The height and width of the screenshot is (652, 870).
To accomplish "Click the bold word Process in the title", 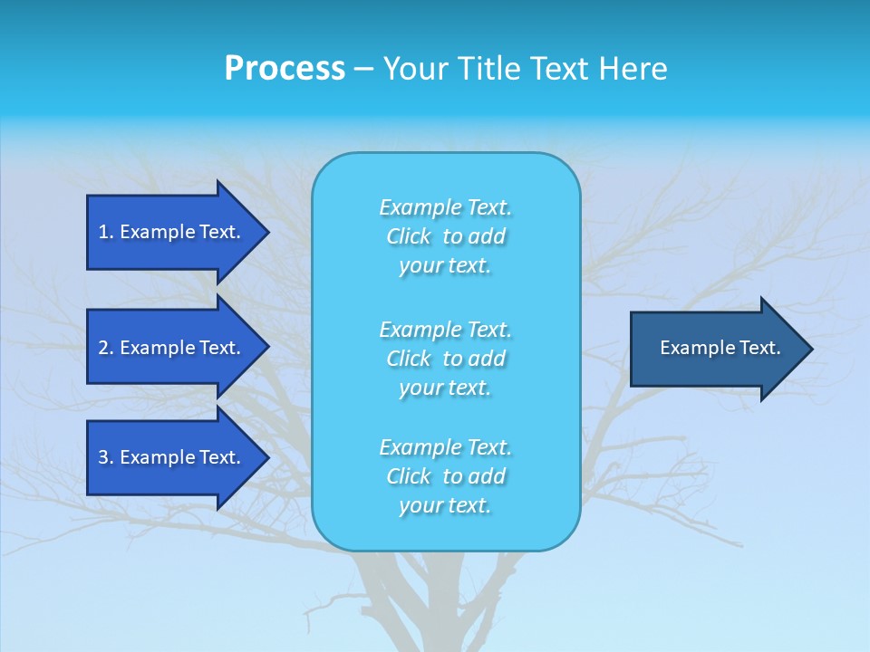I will click(x=285, y=69).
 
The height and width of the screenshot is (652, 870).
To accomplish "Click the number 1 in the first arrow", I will click(x=103, y=232).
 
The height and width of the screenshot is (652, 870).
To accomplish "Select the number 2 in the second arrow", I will click(x=103, y=348).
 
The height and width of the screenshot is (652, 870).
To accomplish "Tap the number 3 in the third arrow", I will click(x=103, y=457).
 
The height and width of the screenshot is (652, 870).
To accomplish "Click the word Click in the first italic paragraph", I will click(x=409, y=236).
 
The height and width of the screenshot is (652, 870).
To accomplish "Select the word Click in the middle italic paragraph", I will click(x=409, y=359).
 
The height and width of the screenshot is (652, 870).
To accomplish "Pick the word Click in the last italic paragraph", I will click(x=409, y=476).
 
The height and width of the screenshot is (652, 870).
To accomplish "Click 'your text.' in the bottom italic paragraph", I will click(x=445, y=505).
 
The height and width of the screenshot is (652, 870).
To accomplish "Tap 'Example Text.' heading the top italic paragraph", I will click(x=445, y=207).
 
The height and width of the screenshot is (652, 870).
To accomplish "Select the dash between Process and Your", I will click(x=363, y=70).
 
